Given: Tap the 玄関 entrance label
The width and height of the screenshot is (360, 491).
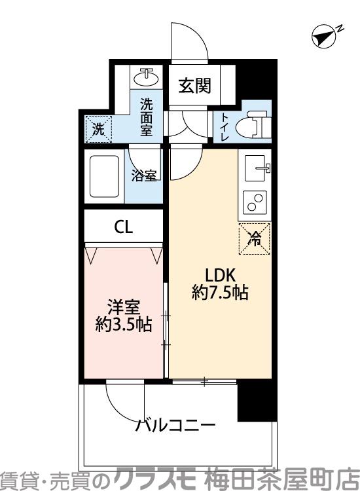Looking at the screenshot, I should click(195, 85).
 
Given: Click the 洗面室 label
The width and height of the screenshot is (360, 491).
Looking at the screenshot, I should click(145, 116).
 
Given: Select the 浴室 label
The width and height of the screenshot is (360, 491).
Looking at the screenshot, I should click(143, 175).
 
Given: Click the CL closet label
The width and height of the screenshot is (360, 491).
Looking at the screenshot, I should click(124, 227).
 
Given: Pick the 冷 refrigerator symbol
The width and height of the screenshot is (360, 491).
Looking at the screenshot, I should click(256, 239).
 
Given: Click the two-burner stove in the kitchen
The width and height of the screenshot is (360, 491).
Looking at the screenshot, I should click(255, 203).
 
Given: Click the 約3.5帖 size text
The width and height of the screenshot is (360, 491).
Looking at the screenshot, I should click(124, 324).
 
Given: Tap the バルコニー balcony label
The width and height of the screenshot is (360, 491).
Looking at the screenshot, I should click(175, 426).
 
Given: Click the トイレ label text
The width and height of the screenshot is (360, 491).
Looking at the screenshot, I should click(225, 123).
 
